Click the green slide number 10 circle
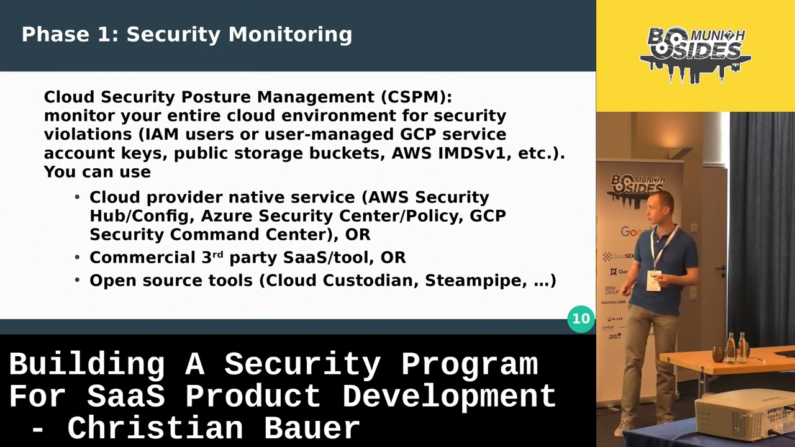(581, 318)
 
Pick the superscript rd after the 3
(217, 255)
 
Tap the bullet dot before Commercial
(77, 258)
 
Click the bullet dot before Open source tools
(77, 281)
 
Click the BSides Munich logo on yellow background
(695, 53)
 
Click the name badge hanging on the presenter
(653, 280)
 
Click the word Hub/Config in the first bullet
(142, 216)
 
